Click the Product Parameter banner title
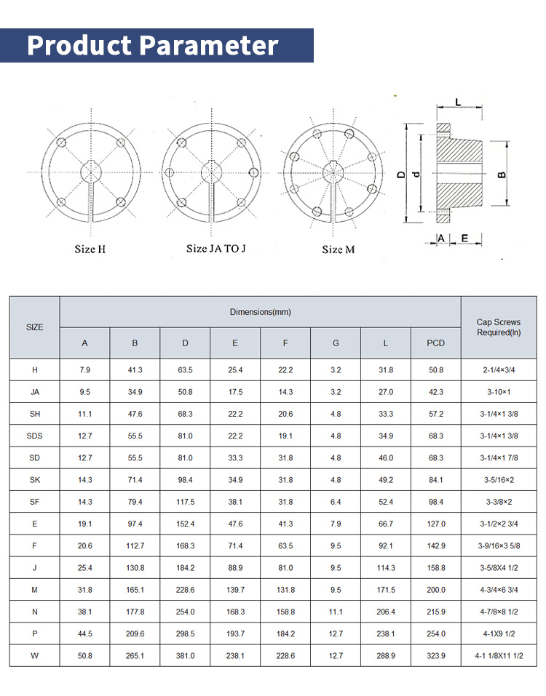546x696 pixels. [153, 45]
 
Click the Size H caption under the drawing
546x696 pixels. [90, 249]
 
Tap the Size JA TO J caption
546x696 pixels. [215, 249]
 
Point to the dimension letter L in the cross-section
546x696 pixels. [458, 103]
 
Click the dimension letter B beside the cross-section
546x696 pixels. [502, 175]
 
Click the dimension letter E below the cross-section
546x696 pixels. [464, 238]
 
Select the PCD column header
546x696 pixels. [435, 343]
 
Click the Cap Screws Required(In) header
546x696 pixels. [499, 327]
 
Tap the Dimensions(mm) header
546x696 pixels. [260, 312]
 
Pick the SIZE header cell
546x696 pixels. [34, 327]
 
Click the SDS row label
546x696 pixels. [34, 436]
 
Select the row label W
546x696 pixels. [34, 655]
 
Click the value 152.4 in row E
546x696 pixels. [185, 524]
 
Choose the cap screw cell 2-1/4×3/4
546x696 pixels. [499, 370]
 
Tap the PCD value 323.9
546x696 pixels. [435, 655]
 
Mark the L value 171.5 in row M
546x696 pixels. [385, 590]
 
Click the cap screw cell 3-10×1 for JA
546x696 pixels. [499, 392]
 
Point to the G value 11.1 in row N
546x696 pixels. [335, 612]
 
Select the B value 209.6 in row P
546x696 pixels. [135, 633]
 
